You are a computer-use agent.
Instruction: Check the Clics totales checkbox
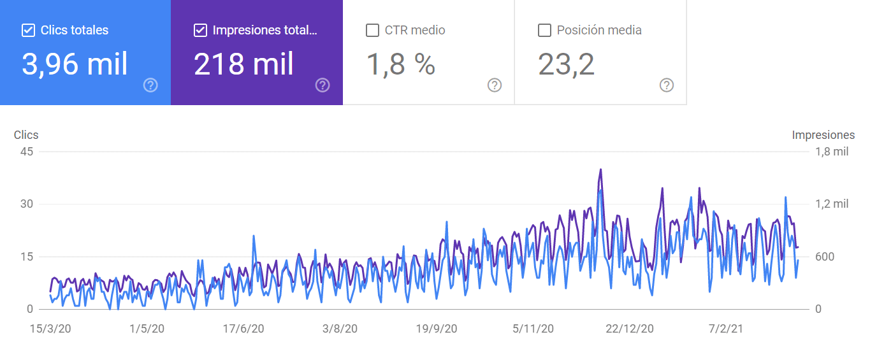tap(28, 30)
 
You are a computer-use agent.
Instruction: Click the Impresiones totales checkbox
tap(200, 30)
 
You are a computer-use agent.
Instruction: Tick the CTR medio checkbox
tap(372, 30)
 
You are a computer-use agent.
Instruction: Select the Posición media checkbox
tap(544, 30)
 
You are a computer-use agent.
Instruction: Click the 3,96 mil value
tap(75, 64)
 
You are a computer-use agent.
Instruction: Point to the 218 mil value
tap(243, 64)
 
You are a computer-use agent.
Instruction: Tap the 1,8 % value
tap(400, 64)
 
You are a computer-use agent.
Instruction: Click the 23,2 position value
tap(566, 64)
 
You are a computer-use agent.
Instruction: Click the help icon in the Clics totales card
tap(150, 85)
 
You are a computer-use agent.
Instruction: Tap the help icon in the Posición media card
tap(667, 85)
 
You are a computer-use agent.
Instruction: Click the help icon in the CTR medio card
tap(495, 85)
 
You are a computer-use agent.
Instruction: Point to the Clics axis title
tap(26, 135)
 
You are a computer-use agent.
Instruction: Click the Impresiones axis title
tap(823, 135)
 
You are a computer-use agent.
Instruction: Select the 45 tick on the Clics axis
tap(27, 152)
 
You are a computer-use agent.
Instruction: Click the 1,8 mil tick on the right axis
tap(832, 152)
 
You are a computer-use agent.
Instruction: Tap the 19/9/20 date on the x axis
tap(437, 329)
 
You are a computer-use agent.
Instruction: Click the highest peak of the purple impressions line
tap(600, 169)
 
